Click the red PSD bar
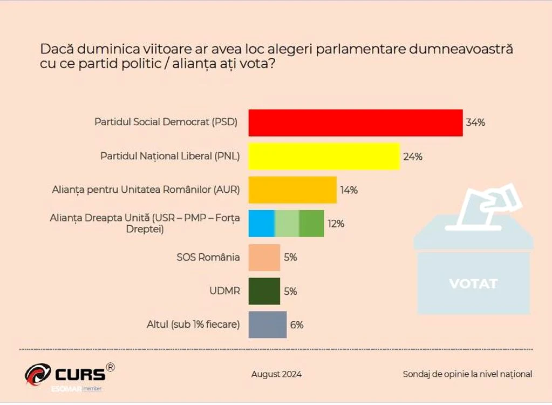click(356, 123)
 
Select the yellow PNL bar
click(324, 157)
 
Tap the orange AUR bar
click(292, 190)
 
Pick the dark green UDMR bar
click(264, 291)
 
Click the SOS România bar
click(264, 258)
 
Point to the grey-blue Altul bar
click(268, 325)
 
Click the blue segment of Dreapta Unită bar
click(261, 224)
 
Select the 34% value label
click(475, 123)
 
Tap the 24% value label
click(413, 157)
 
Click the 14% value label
click(349, 190)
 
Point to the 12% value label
click(336, 224)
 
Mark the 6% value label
click(297, 325)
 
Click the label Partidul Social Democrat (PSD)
click(166, 122)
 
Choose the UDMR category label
click(224, 291)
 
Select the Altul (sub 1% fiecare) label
click(193, 325)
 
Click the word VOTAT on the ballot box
click(474, 283)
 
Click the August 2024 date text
click(276, 374)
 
